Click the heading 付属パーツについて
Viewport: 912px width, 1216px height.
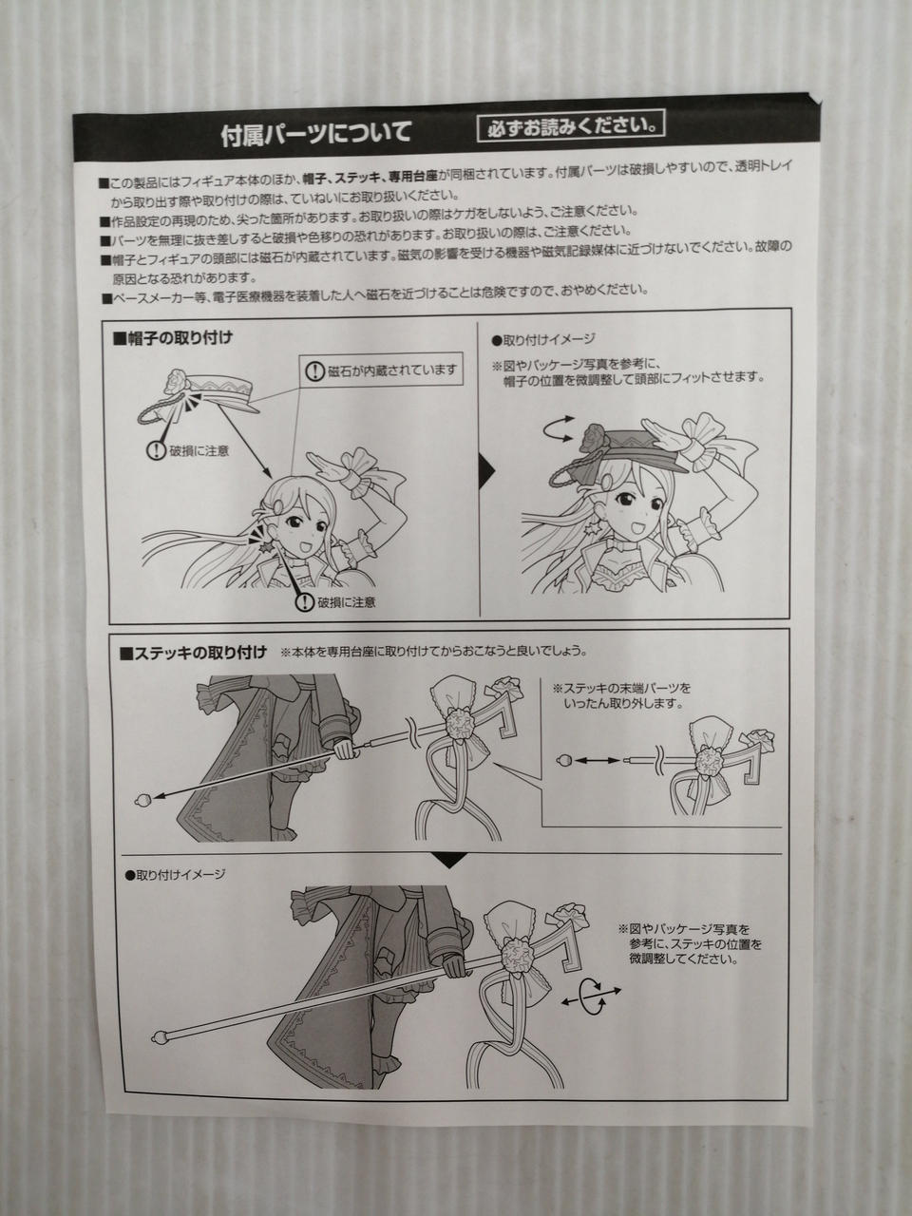click(x=316, y=134)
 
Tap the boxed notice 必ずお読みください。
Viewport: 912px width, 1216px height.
click(x=571, y=126)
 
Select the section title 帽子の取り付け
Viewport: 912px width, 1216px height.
click(x=173, y=338)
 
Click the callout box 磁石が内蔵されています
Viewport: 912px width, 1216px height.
click(x=381, y=370)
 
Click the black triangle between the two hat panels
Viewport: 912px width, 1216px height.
click(x=486, y=470)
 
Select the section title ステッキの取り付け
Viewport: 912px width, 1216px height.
click(x=193, y=654)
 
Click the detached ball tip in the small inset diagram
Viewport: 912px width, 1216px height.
click(x=561, y=760)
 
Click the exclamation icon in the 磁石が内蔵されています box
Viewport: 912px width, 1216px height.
click(x=314, y=371)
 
